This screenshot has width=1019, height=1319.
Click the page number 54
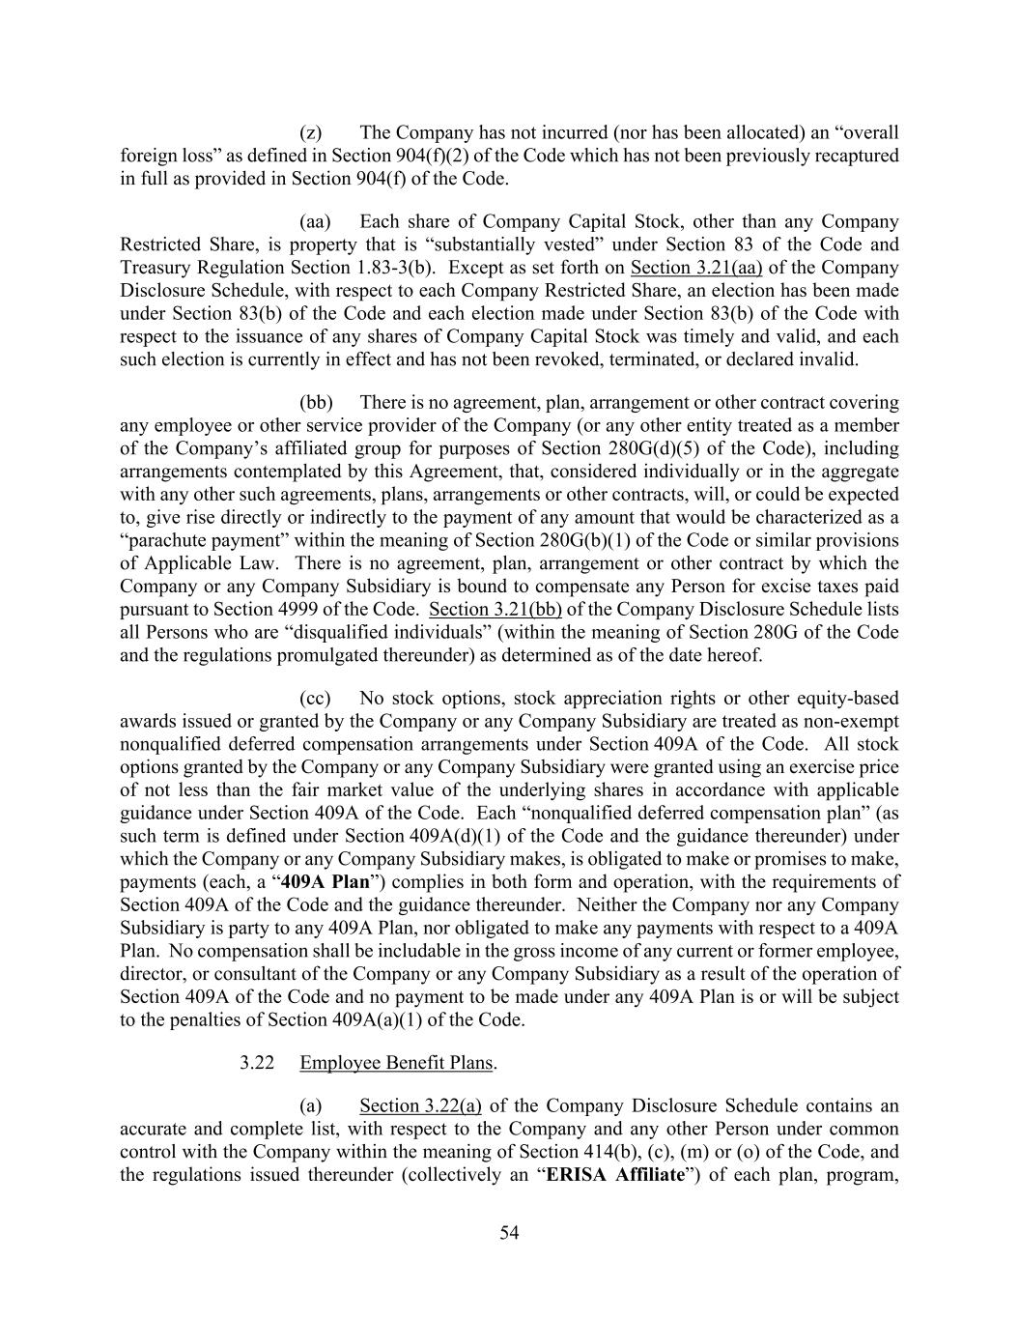point(509,1232)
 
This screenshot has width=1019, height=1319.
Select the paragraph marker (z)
point(310,132)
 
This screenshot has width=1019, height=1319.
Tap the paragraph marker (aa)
point(315,221)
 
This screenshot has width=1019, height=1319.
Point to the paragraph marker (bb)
point(316,402)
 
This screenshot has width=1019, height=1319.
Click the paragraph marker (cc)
point(315,698)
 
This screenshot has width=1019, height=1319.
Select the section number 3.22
point(257,1063)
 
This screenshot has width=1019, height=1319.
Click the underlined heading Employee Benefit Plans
point(397,1063)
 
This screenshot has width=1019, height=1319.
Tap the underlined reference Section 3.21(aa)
point(695,268)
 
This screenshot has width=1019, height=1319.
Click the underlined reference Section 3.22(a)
point(420,1106)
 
